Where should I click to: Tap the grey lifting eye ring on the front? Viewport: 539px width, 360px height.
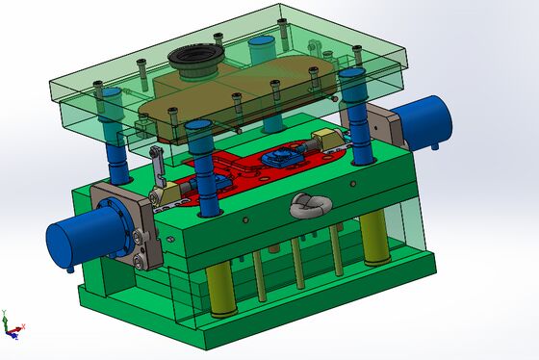(310, 205)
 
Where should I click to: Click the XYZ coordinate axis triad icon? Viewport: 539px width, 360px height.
(11, 325)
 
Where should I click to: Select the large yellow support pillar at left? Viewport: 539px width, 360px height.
(220, 293)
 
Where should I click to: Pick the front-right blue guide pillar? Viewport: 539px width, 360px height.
(364, 135)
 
